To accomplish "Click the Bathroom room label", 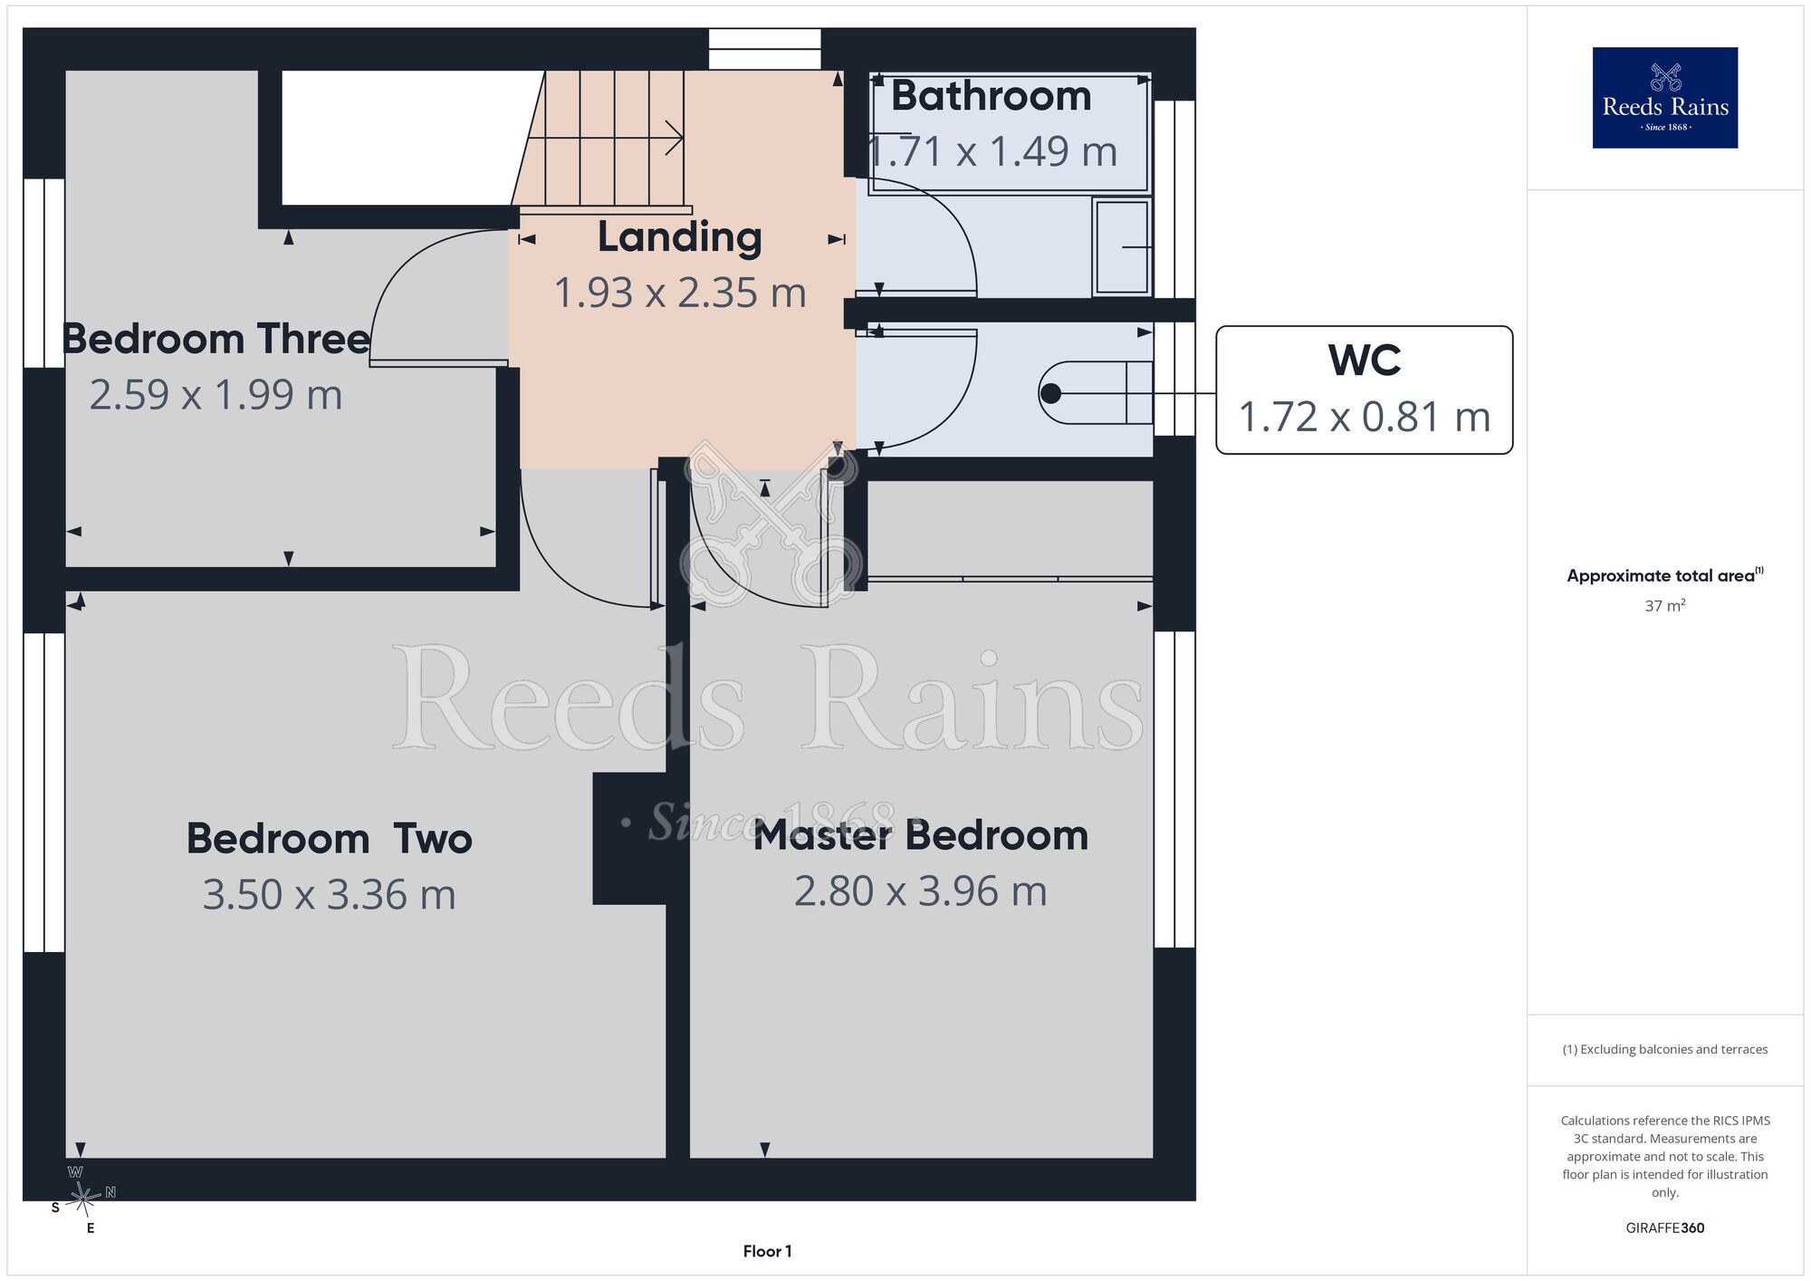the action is (991, 96).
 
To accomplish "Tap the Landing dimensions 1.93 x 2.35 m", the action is (679, 293).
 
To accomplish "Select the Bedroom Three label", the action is (216, 339).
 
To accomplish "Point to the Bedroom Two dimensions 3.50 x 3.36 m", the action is (329, 894).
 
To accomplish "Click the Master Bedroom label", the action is (921, 835).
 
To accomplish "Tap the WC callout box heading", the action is (1365, 361).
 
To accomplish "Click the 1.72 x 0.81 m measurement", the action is (1364, 417).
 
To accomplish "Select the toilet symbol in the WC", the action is (1096, 393).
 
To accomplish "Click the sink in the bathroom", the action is (1122, 247).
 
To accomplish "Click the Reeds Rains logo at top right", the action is (1665, 98).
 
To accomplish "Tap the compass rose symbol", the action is (83, 1199).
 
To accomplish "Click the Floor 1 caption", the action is (767, 1251).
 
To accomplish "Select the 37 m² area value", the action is (1664, 605).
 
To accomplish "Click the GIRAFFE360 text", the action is (1664, 1228).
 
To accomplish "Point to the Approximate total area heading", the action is (1665, 575).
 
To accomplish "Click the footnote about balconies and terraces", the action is (1664, 1049).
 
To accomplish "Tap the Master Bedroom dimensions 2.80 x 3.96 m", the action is (921, 891).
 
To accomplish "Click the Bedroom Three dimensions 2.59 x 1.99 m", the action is (216, 395).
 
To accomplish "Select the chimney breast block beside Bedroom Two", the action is (630, 838).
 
